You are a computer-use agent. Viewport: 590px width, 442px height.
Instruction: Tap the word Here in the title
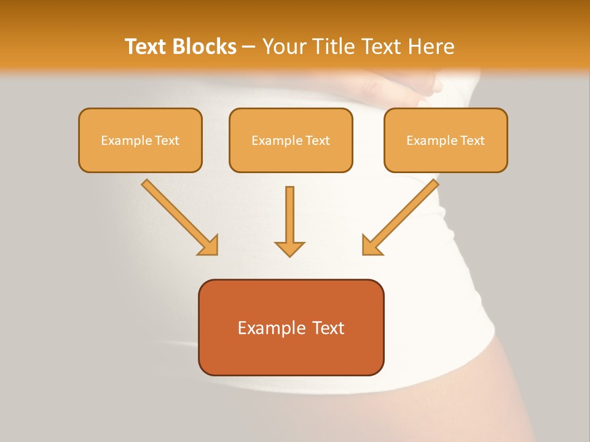431,47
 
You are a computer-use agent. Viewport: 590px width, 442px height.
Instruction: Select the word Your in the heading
283,47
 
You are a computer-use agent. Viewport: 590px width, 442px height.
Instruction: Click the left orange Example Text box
140,140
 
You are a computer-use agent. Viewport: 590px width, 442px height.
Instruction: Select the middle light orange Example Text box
291,140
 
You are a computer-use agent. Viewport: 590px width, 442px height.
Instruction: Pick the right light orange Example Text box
446,140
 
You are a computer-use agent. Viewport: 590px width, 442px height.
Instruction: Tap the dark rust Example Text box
291,327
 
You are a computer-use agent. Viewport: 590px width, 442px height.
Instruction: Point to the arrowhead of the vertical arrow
289,249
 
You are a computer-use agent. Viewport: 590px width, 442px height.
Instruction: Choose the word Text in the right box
472,141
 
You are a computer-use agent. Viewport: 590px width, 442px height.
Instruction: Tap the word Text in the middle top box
317,141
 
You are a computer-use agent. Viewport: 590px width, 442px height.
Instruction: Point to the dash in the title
248,47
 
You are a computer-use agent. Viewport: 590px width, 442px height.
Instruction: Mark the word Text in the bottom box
328,328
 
